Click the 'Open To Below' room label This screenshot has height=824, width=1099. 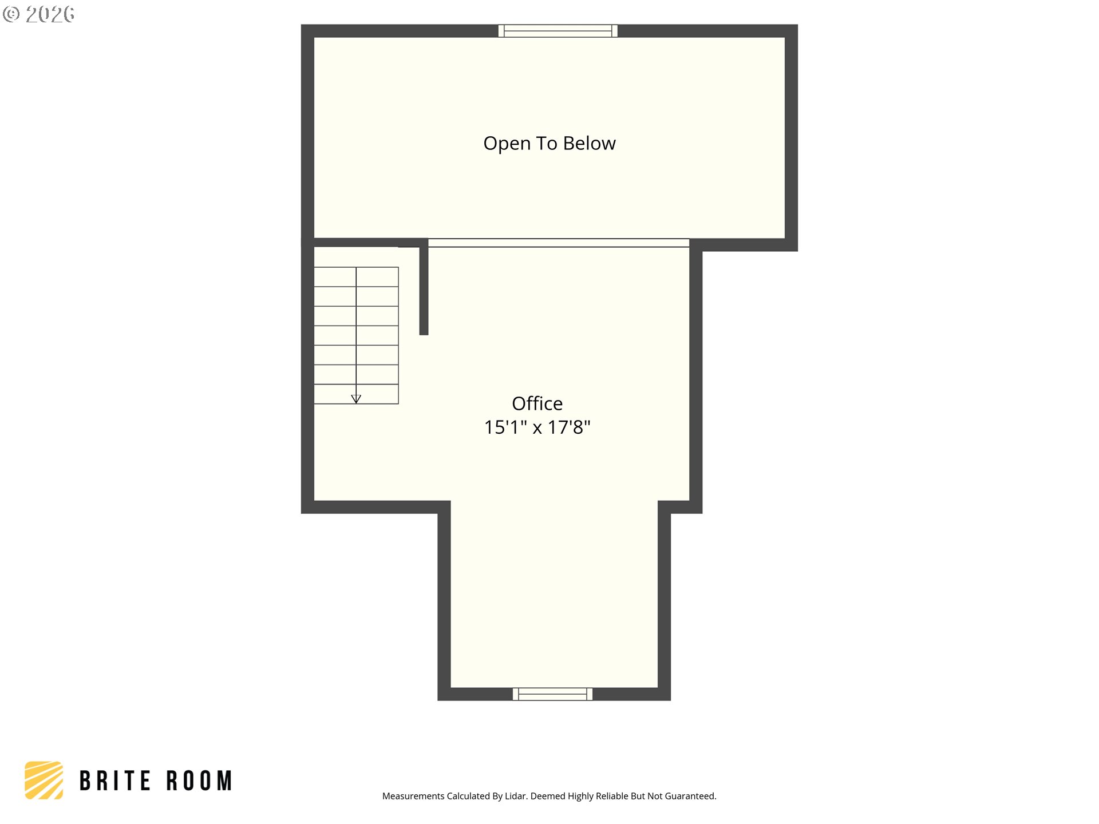(549, 143)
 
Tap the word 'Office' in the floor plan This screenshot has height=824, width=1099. (537, 403)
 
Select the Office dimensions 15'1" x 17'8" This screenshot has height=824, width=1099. (537, 427)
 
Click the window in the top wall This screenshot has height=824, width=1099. (558, 31)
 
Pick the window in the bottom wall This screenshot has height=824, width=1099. (552, 694)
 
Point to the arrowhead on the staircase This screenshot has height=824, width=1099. (356, 399)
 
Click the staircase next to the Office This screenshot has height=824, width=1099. (356, 335)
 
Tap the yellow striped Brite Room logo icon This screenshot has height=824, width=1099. (44, 780)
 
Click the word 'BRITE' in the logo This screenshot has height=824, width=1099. (115, 781)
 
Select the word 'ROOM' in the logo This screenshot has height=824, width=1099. (199, 781)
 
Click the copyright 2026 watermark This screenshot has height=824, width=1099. (38, 14)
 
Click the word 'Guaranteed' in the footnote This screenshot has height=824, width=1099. (690, 796)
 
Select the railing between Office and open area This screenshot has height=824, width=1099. (559, 243)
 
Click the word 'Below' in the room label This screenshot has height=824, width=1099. (590, 143)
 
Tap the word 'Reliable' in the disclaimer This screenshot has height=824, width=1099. (612, 796)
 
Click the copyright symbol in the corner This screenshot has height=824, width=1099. (11, 14)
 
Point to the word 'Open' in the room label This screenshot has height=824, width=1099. (507, 144)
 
